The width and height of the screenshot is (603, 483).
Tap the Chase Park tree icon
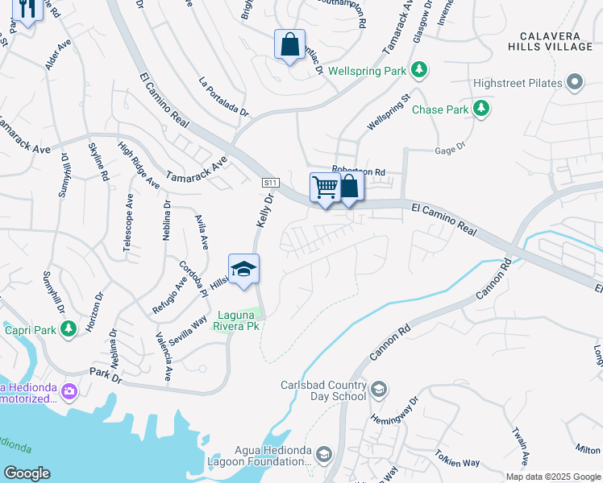481,109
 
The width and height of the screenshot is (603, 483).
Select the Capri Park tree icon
69,328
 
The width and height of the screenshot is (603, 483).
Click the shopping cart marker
325,188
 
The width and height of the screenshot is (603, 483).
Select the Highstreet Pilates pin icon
575,82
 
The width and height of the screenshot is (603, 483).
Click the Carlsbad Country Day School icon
379,390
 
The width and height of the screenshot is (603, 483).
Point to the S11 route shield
271,184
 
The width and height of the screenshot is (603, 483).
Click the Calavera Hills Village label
556,42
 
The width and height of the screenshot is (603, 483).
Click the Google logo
26,473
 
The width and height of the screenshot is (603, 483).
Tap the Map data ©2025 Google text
552,477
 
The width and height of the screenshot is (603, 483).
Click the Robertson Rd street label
360,172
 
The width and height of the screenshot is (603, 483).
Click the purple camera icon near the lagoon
69,391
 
